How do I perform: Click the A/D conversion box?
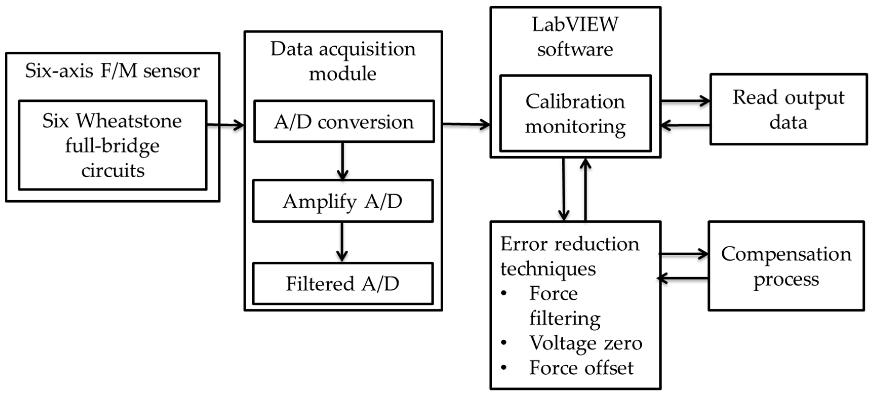click(x=344, y=121)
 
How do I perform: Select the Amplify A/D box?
click(x=343, y=201)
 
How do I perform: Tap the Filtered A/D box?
click(x=343, y=283)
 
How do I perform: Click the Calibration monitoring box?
click(x=575, y=114)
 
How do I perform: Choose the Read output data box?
click(x=788, y=109)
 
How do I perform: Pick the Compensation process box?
click(x=786, y=266)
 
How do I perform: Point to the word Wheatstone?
click(x=129, y=121)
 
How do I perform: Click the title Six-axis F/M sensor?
click(x=112, y=71)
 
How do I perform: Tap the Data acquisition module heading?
click(x=343, y=61)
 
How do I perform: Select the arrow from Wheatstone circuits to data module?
click(x=225, y=125)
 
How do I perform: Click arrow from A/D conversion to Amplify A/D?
click(x=342, y=161)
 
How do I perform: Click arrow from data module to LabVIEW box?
click(x=466, y=124)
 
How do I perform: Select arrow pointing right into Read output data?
click(x=685, y=101)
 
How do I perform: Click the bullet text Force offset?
click(x=581, y=367)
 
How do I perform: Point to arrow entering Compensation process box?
click(x=684, y=254)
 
